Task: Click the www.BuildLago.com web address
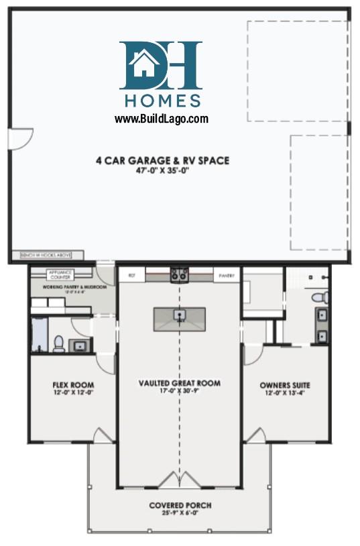[x=161, y=119]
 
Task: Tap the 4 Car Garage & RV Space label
[x=162, y=160]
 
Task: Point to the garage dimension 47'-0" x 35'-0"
[x=162, y=170]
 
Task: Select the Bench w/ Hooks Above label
[x=47, y=255]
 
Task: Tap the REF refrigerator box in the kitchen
[x=133, y=275]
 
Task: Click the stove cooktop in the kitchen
[x=179, y=274]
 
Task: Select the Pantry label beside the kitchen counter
[x=225, y=275]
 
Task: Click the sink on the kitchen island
[x=179, y=314]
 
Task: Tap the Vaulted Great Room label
[x=179, y=384]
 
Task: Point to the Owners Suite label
[x=285, y=385]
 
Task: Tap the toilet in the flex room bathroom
[x=58, y=344]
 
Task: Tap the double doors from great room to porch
[x=179, y=480]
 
